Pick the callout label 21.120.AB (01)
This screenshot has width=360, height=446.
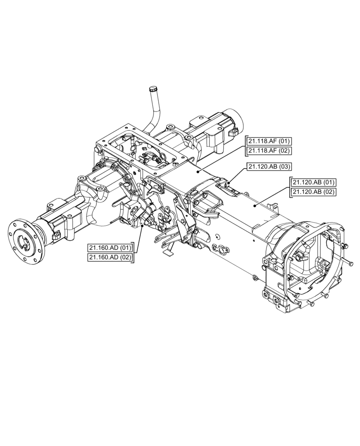[x=314, y=182]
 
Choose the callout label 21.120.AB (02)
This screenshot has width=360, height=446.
[x=314, y=192]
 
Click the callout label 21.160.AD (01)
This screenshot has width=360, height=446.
[x=110, y=248]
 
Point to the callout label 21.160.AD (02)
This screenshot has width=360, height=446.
[x=110, y=257]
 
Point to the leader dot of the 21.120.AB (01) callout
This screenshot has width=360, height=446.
[x=254, y=206]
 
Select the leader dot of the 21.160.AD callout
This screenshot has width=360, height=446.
[x=142, y=227]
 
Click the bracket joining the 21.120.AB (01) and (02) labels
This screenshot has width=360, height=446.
[x=290, y=187]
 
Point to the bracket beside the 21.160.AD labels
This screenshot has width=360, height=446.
[x=134, y=252]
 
